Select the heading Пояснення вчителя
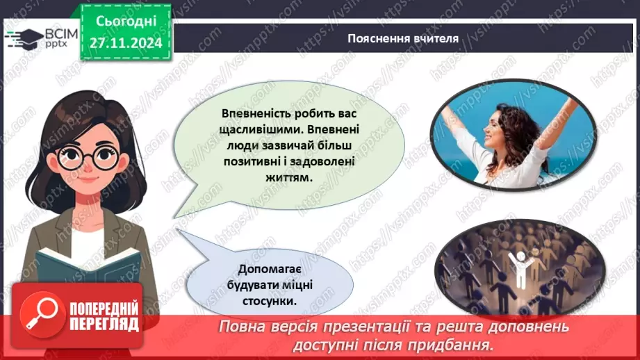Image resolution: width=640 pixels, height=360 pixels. point(403,38)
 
